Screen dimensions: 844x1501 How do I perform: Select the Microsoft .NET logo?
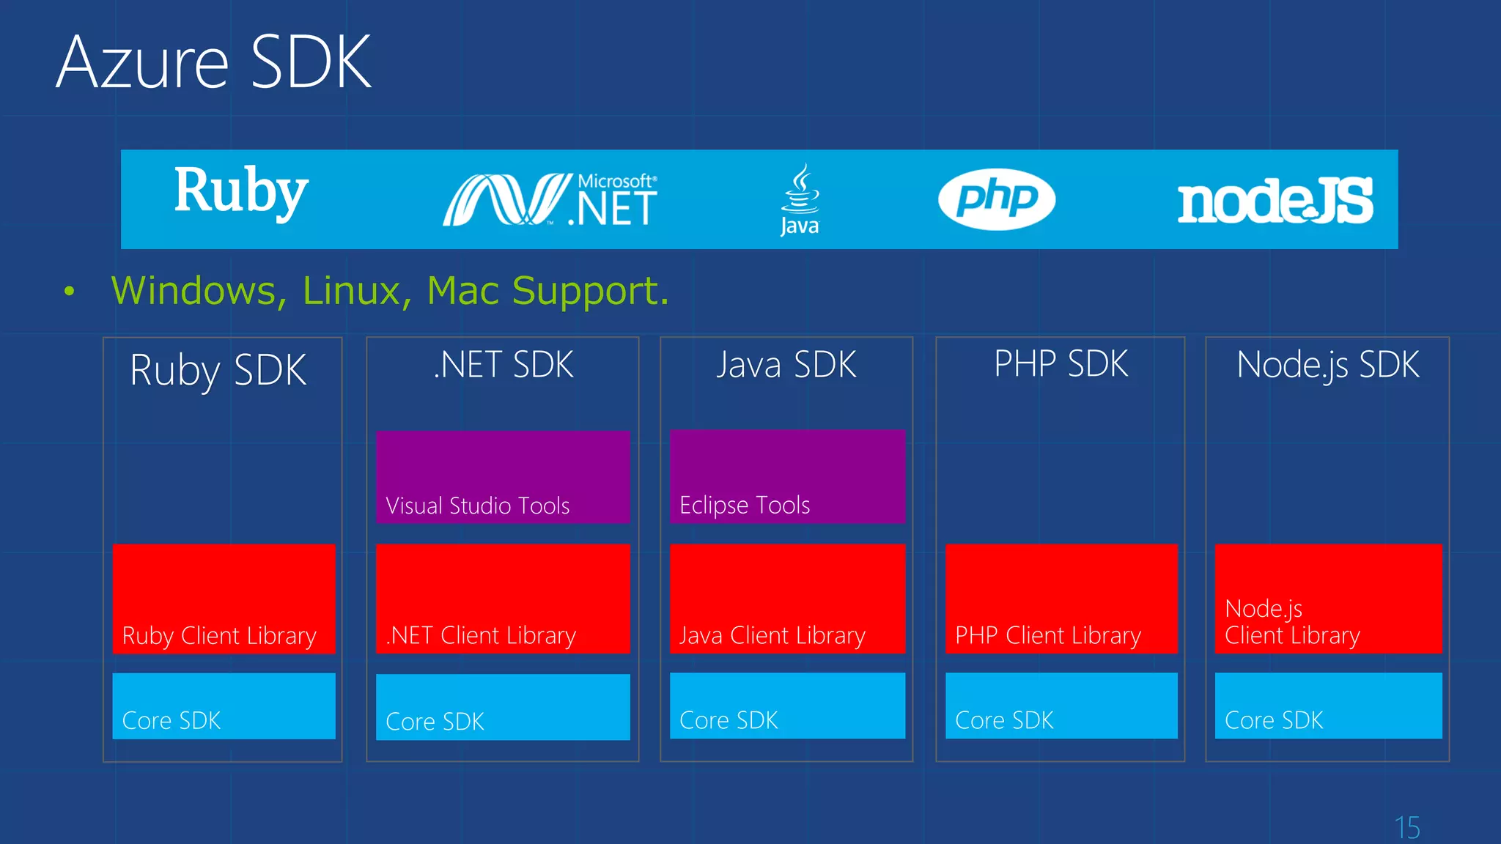coord(550,199)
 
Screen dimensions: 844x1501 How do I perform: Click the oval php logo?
coord(997,199)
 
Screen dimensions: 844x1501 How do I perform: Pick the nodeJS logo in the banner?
coord(1275,201)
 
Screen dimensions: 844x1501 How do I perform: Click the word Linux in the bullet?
coord(352,291)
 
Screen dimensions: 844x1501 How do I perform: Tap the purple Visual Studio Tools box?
coord(503,477)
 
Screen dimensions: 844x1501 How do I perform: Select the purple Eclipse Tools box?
coord(787,476)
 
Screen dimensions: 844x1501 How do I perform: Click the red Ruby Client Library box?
coord(224,599)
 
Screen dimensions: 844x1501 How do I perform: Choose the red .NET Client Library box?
coord(503,599)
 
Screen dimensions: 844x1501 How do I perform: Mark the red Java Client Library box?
coord(787,599)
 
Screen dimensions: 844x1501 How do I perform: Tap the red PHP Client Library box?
coord(1061,599)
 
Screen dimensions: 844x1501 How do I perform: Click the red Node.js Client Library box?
coord(1328,599)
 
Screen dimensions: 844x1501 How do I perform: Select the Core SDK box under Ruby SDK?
coord(224,706)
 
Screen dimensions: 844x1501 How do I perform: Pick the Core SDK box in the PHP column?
coord(1061,706)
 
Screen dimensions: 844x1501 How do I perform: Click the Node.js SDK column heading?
coord(1328,365)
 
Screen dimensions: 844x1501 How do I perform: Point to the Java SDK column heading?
coord(786,365)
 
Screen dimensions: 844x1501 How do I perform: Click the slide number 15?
coord(1407,828)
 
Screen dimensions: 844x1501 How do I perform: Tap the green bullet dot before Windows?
coord(70,292)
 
